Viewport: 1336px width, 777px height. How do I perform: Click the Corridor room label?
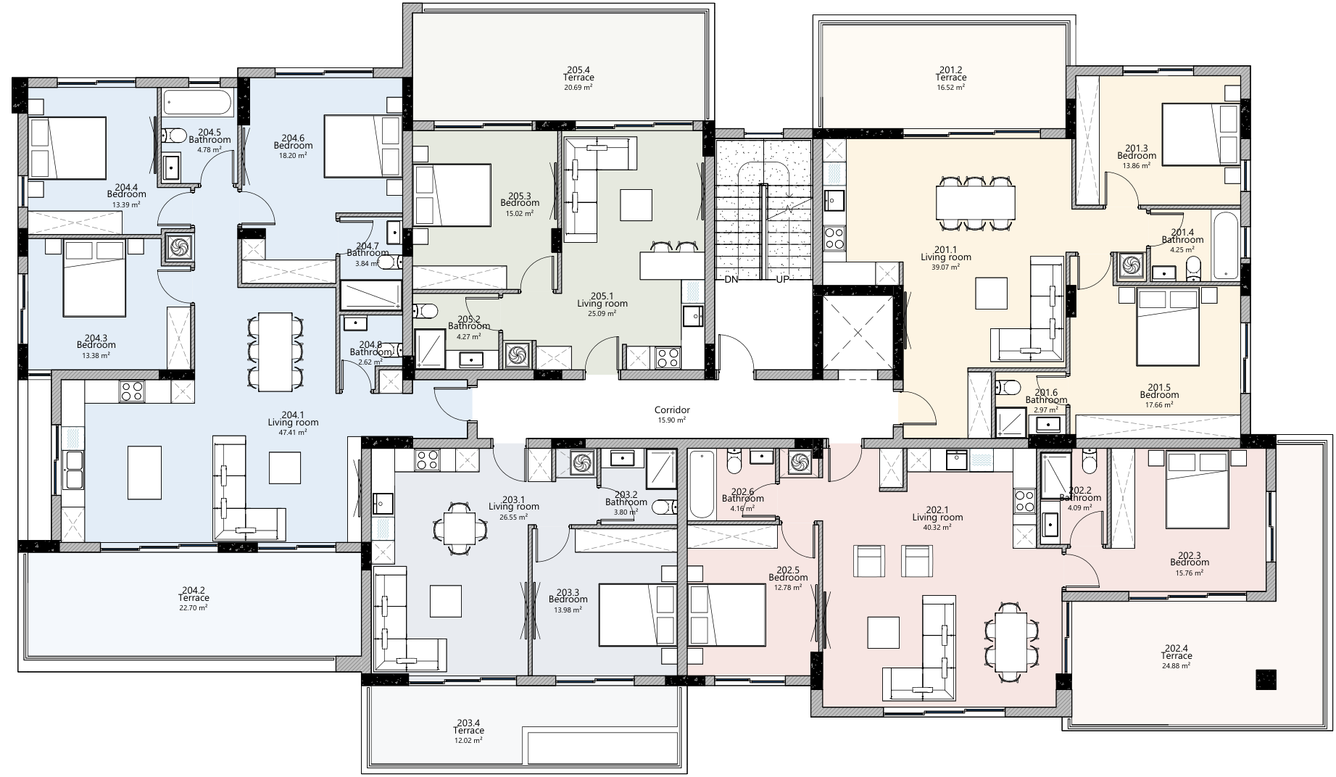point(672,411)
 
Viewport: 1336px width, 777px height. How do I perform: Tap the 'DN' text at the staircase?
point(731,280)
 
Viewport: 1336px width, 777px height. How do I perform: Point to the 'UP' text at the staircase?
point(783,280)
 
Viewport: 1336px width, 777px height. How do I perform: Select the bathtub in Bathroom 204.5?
point(197,103)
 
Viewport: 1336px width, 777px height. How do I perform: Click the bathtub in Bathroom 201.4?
point(1226,245)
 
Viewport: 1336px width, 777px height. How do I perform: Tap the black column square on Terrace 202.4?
point(1266,679)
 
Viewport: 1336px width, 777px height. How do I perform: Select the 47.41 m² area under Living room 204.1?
point(293,432)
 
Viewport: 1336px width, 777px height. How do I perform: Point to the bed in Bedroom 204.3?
point(94,279)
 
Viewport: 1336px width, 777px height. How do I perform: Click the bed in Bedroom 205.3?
point(452,195)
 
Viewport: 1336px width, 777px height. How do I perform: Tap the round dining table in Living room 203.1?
point(460,528)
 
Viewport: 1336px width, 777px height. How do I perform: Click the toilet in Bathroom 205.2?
point(426,311)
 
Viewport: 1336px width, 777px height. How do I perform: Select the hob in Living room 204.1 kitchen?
point(131,391)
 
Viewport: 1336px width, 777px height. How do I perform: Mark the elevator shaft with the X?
point(858,333)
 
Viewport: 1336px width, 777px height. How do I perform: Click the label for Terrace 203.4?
point(470,726)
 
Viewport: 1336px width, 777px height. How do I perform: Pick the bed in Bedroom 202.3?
point(1198,489)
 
